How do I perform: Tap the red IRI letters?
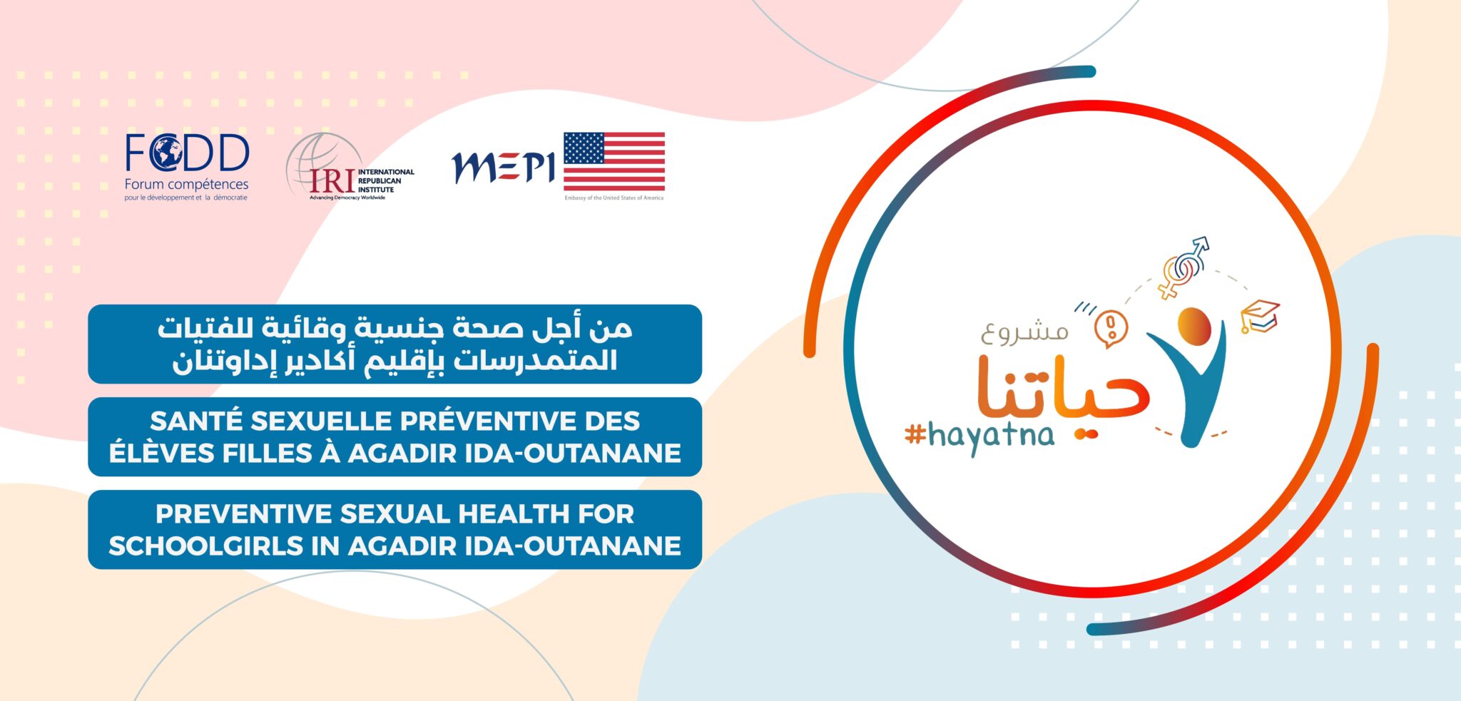pyautogui.click(x=332, y=181)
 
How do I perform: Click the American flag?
pyautogui.click(x=614, y=162)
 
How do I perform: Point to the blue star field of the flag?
pyautogui.click(x=584, y=148)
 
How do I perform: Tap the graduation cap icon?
pyautogui.click(x=1260, y=316)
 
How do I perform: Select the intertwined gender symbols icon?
pyautogui.click(x=1183, y=268)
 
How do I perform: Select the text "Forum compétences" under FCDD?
pyautogui.click(x=186, y=185)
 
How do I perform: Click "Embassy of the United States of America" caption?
pyautogui.click(x=614, y=198)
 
